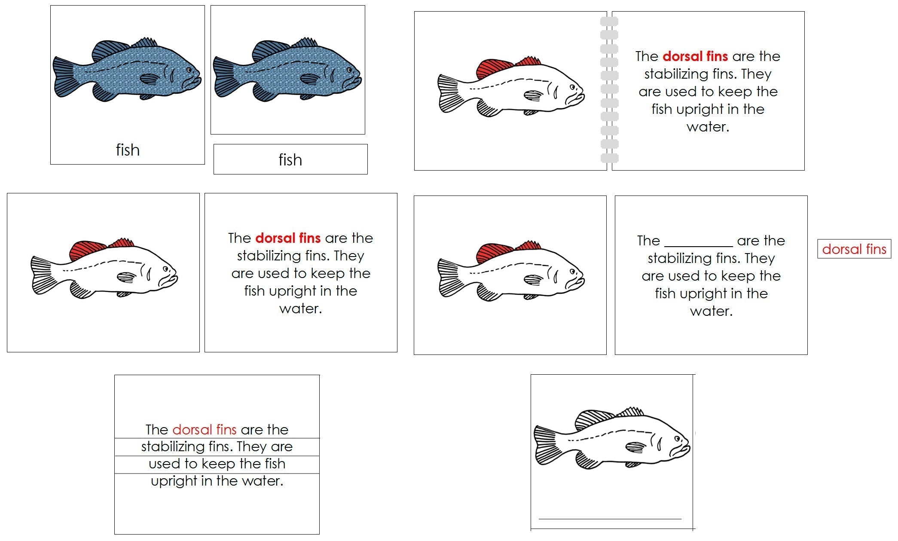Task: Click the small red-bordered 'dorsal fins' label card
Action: pos(854,249)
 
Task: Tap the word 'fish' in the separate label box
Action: pos(290,160)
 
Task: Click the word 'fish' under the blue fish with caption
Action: pos(128,150)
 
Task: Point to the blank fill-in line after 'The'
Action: pos(698,246)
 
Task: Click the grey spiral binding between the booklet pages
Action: pos(609,90)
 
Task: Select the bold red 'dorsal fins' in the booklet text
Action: pos(695,56)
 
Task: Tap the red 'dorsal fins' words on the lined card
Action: pos(205,429)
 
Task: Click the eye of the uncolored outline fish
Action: pos(677,439)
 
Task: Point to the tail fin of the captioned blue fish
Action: pos(64,77)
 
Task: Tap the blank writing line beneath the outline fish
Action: pos(610,519)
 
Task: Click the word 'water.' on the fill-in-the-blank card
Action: pos(711,311)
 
